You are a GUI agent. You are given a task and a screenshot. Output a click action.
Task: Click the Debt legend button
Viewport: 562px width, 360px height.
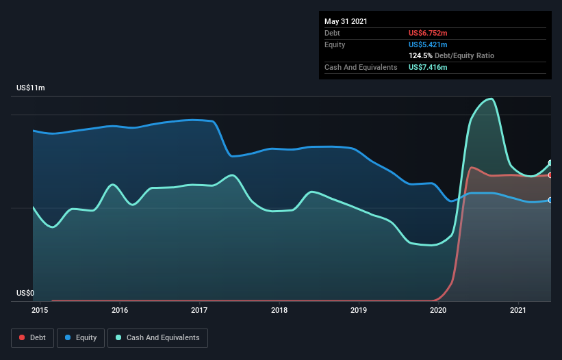[x=32, y=337]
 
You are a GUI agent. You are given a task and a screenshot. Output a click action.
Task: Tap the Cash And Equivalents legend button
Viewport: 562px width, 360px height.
[x=157, y=337]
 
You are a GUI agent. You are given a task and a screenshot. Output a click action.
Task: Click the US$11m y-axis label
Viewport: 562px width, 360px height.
[x=30, y=88]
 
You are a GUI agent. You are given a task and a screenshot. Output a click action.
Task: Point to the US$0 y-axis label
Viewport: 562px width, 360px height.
[x=25, y=294]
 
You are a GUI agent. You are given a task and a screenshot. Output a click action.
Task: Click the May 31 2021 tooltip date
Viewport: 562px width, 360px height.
[x=346, y=21]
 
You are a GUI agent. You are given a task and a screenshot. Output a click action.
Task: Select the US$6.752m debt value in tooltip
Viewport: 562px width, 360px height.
[x=428, y=33]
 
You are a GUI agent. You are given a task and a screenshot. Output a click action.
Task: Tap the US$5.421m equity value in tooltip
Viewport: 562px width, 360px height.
[x=428, y=44]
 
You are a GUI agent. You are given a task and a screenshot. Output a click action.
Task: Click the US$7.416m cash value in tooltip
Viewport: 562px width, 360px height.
[x=428, y=67]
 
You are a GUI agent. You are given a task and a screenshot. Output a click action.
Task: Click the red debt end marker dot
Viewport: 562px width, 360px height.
[x=550, y=175]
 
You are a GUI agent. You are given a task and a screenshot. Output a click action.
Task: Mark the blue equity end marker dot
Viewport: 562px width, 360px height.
[x=550, y=200]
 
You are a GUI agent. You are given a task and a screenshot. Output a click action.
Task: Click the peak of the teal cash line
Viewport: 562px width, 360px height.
[x=490, y=99]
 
